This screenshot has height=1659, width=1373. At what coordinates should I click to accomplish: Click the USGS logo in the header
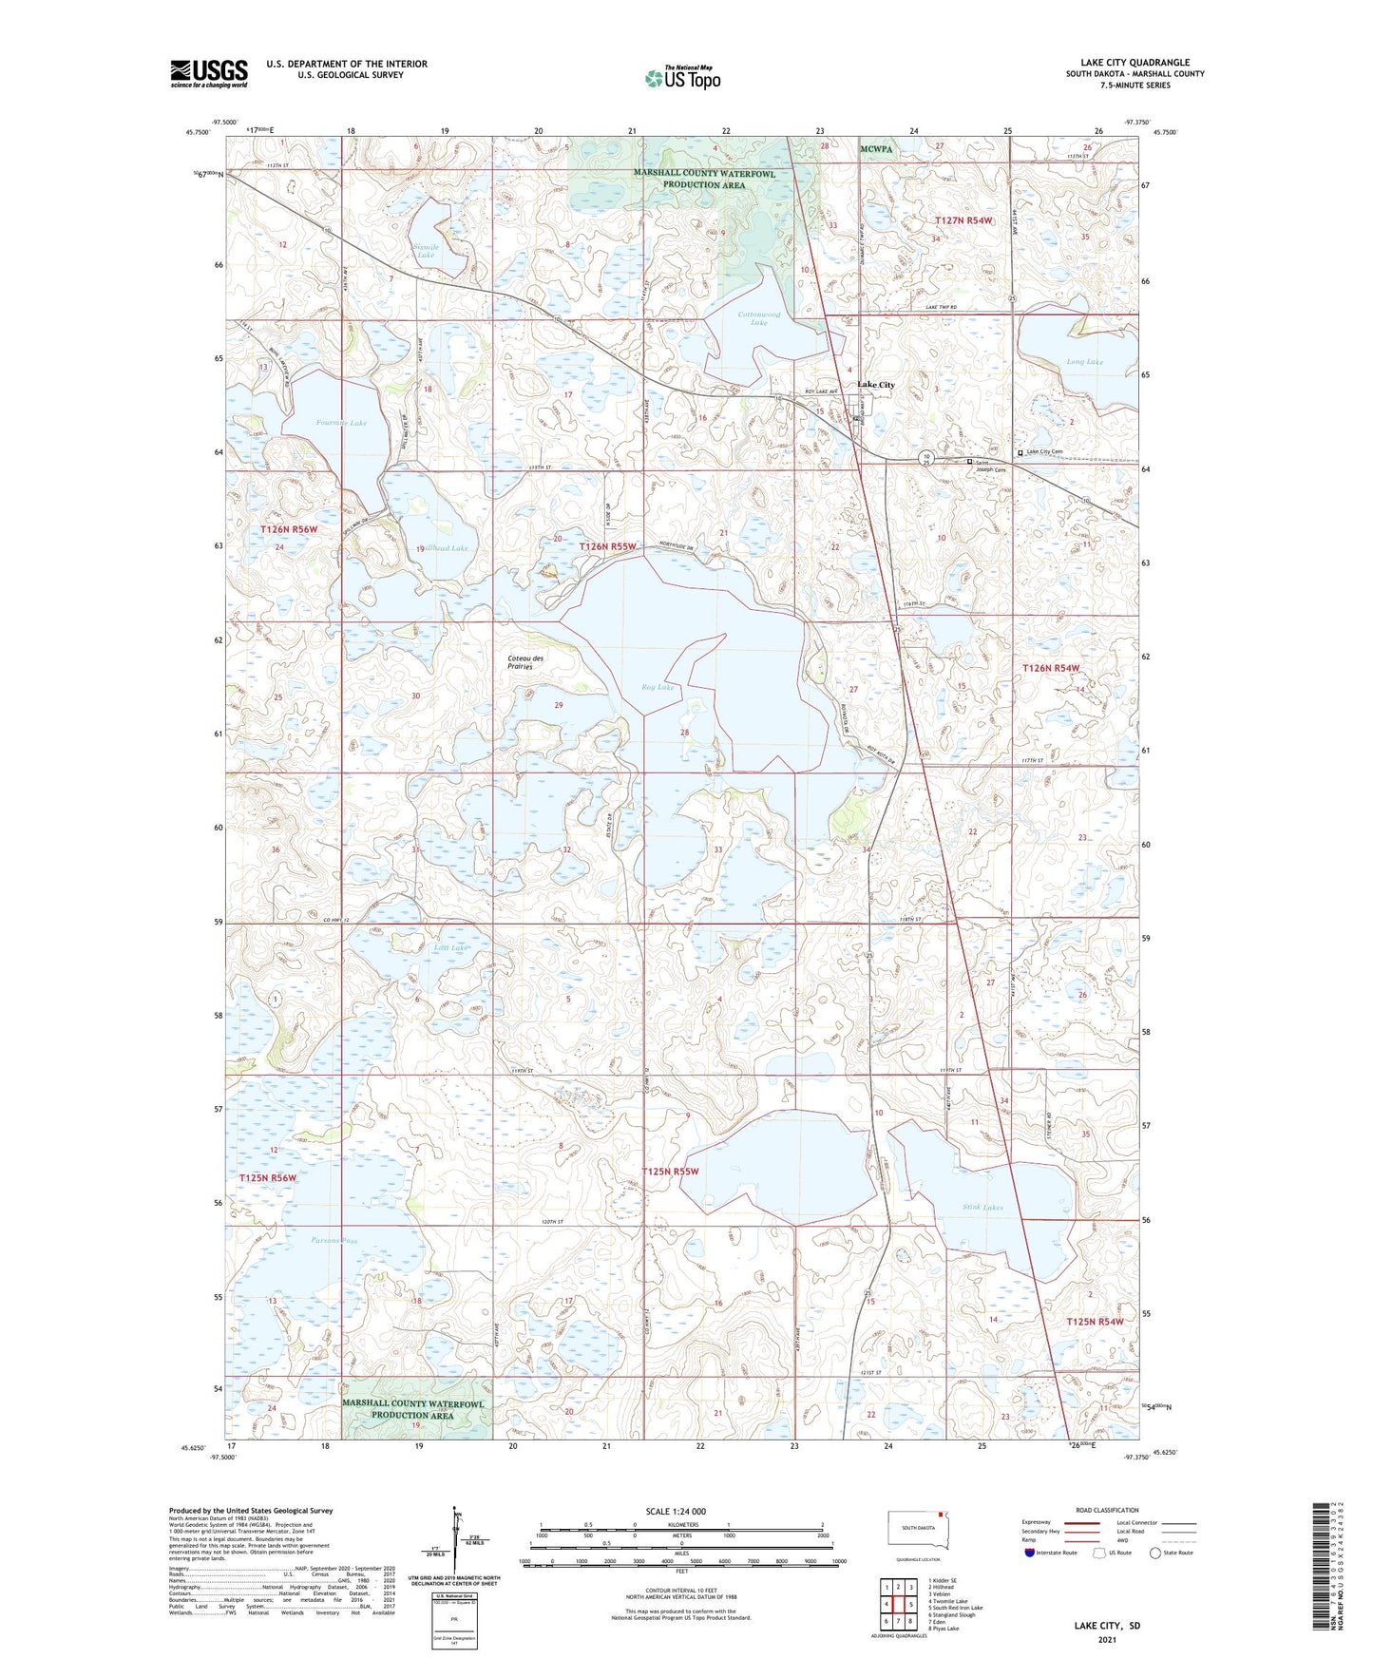[x=209, y=73]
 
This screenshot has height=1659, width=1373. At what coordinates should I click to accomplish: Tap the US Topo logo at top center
[x=682, y=78]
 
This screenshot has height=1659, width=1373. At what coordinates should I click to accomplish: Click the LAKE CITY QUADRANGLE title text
[x=1135, y=62]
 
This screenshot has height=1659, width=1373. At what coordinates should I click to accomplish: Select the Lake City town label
[x=875, y=385]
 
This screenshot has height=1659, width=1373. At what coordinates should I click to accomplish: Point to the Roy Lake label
[x=658, y=687]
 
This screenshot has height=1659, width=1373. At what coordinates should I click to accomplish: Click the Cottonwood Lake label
[x=759, y=318]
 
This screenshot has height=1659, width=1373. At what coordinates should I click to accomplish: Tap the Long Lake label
[x=1084, y=362]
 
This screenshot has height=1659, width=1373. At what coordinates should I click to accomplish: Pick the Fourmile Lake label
[x=341, y=423]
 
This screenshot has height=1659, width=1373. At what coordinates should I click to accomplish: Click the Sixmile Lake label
[x=425, y=250]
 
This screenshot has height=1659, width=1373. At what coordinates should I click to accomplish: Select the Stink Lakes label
[x=982, y=1207]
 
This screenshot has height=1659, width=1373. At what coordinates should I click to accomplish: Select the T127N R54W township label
[x=963, y=220]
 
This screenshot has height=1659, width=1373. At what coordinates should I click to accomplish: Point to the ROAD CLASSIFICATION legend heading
[x=1107, y=1510]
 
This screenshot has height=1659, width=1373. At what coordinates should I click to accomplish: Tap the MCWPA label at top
[x=876, y=149]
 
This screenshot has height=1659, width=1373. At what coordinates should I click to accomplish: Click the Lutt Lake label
[x=450, y=948]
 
